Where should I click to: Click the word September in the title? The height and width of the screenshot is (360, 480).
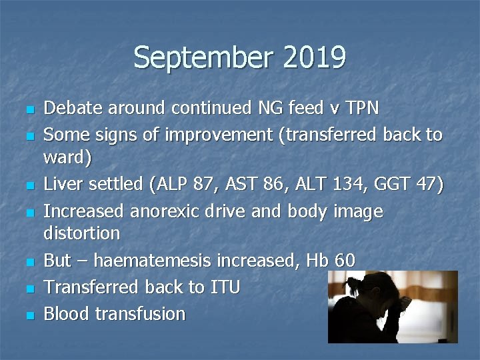point(203,57)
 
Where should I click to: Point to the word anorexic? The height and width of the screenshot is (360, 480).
point(169,211)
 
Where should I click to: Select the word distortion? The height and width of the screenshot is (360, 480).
point(82,234)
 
